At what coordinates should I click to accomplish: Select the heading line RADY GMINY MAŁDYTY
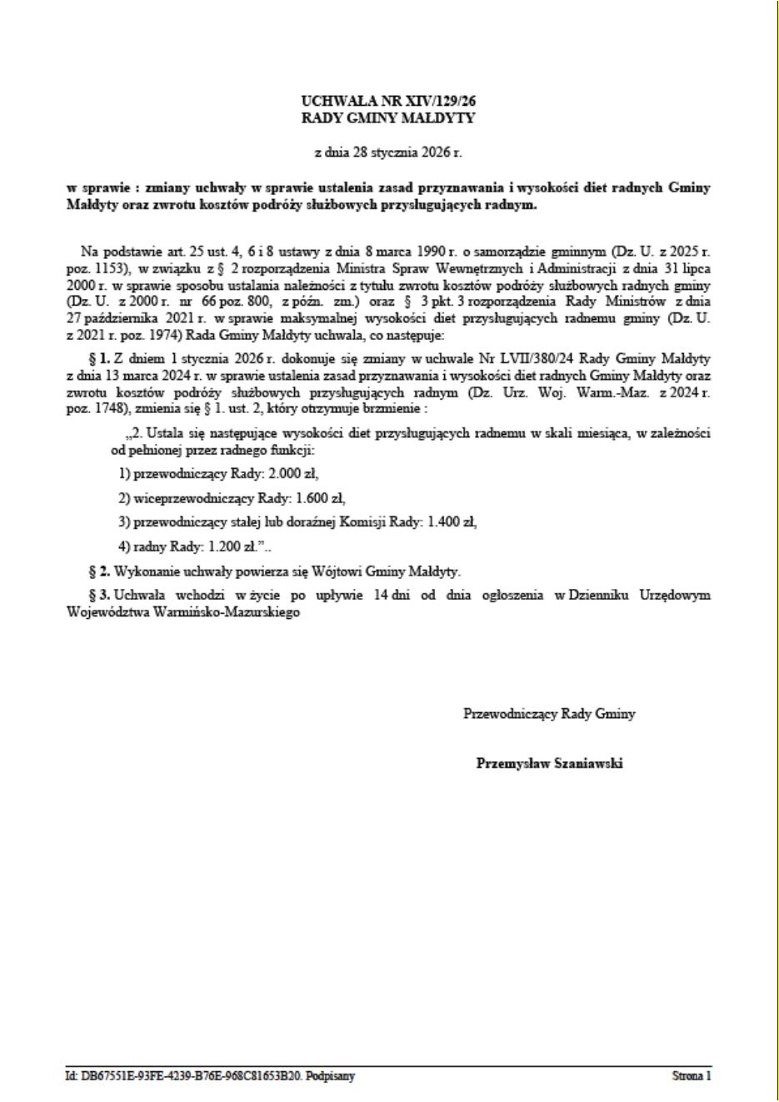pos(388,118)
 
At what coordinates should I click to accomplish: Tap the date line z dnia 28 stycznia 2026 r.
pos(388,152)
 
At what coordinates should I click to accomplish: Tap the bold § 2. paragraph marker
pos(99,571)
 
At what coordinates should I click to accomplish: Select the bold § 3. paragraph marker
pos(99,596)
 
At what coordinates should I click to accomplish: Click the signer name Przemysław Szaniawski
pos(549,763)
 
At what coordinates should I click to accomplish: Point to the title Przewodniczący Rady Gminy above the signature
pos(549,714)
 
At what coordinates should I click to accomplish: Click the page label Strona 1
pos(692,1076)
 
